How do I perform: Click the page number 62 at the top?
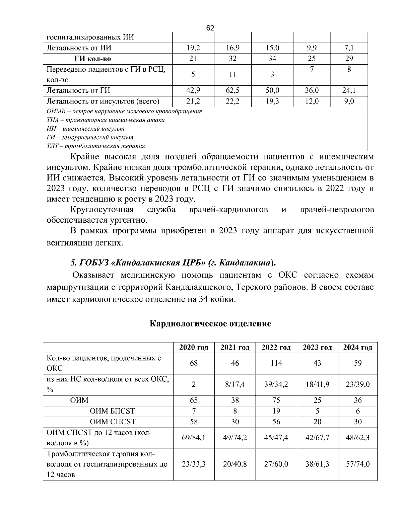pyautogui.click(x=210, y=28)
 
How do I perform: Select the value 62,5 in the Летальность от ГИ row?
pyautogui.click(x=232, y=90)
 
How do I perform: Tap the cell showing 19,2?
pyautogui.click(x=193, y=48)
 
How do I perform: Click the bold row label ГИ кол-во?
pyautogui.click(x=93, y=59)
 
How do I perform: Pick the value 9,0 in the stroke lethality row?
pyautogui.click(x=349, y=101)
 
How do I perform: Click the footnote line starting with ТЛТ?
pyautogui.click(x=96, y=146)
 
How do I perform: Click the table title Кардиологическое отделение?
pyautogui.click(x=210, y=324)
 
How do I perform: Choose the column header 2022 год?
pyautogui.click(x=276, y=348)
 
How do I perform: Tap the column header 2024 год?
pyautogui.click(x=357, y=348)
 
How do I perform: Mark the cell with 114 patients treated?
pyautogui.click(x=276, y=363)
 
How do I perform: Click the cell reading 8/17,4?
pyautogui.click(x=235, y=384)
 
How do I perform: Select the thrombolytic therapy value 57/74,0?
pyautogui.click(x=357, y=464)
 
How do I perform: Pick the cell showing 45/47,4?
pyautogui.click(x=276, y=438)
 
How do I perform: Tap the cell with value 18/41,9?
pyautogui.click(x=317, y=384)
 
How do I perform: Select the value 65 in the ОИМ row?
pyautogui.click(x=194, y=400)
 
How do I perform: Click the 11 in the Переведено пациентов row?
pyautogui.click(x=232, y=75)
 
